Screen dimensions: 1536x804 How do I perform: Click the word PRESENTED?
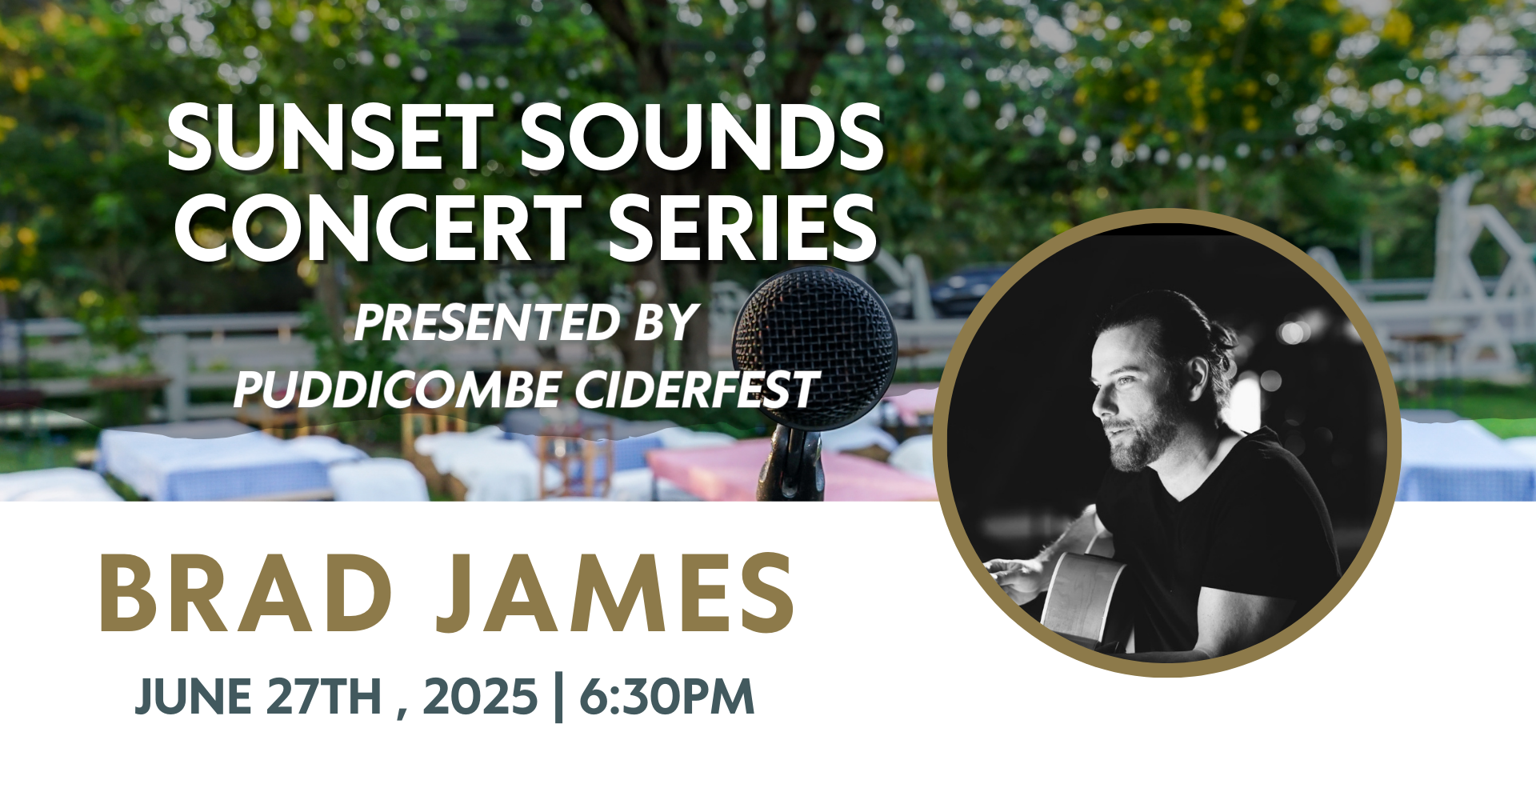487,322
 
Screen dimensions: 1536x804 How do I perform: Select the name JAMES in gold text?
616,593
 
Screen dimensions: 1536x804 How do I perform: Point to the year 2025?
479,696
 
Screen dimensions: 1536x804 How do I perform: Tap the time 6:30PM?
667,696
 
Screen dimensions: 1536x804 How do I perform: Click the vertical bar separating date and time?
558,698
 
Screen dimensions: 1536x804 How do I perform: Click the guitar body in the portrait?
1084,596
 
